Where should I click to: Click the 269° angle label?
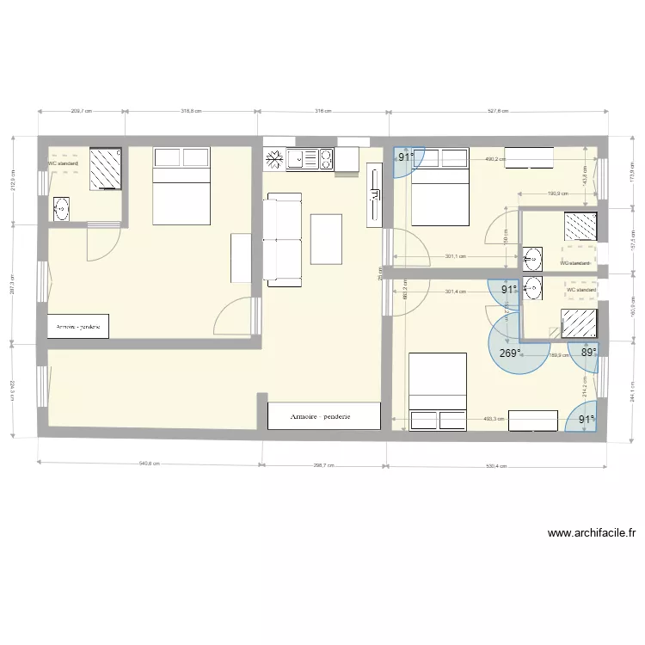(509, 353)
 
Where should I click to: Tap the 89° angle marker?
(588, 352)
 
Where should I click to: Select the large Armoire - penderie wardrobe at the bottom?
(323, 415)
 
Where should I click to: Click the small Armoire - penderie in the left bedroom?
(77, 326)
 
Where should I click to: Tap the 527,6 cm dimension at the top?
(498, 111)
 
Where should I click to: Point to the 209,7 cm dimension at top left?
(81, 111)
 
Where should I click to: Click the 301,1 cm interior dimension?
(456, 255)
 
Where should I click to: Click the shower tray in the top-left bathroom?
(107, 167)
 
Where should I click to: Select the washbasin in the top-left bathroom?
(61, 207)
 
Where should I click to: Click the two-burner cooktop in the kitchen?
(326, 158)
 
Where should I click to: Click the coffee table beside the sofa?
(325, 238)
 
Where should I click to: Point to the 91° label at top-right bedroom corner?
(404, 157)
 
